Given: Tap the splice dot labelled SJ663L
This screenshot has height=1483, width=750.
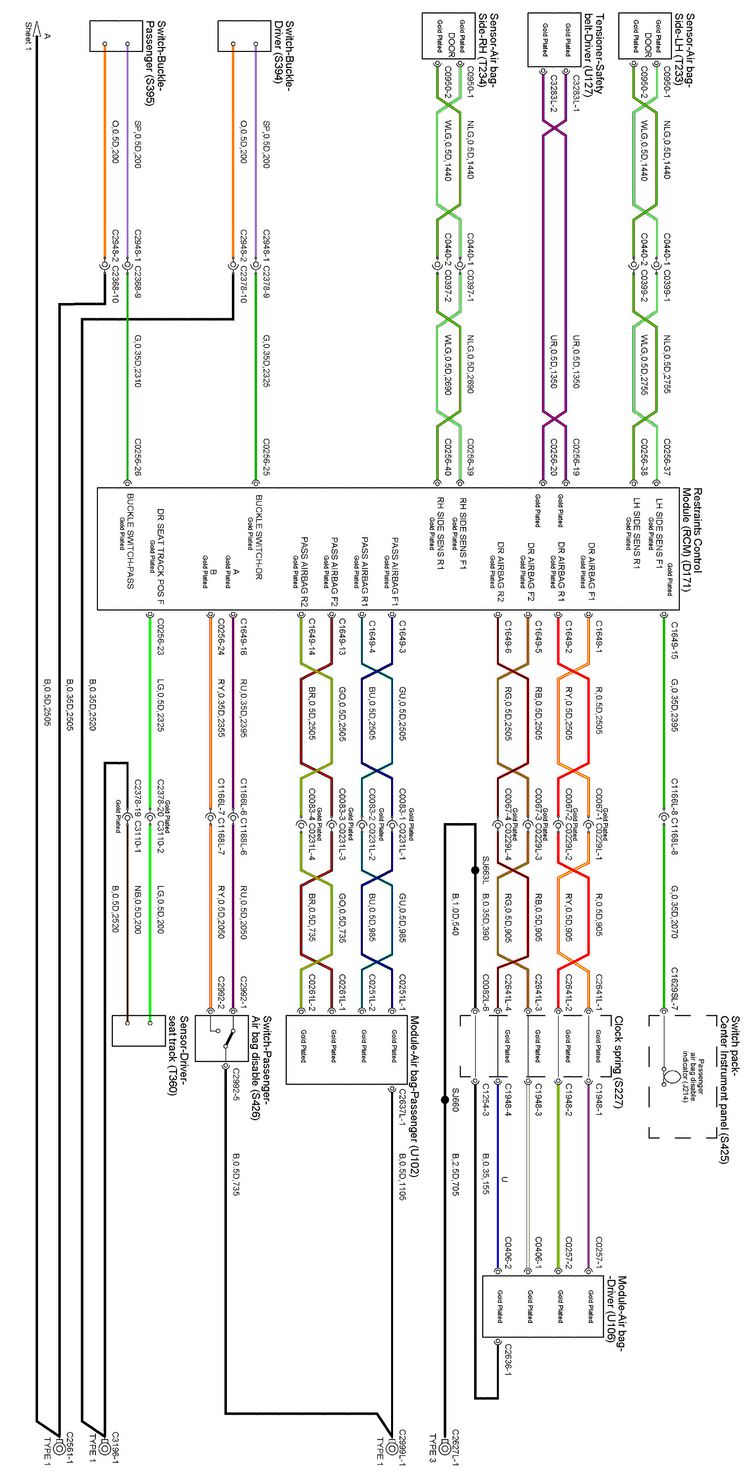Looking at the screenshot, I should (x=475, y=871).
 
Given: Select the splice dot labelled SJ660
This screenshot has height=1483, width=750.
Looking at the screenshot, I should (x=445, y=1099).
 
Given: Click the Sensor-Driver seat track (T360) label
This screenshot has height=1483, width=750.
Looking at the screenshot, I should (x=179, y=1056).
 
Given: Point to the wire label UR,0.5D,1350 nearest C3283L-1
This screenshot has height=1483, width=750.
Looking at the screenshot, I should (x=576, y=361).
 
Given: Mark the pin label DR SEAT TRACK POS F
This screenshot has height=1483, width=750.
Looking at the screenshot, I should (x=161, y=556).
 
